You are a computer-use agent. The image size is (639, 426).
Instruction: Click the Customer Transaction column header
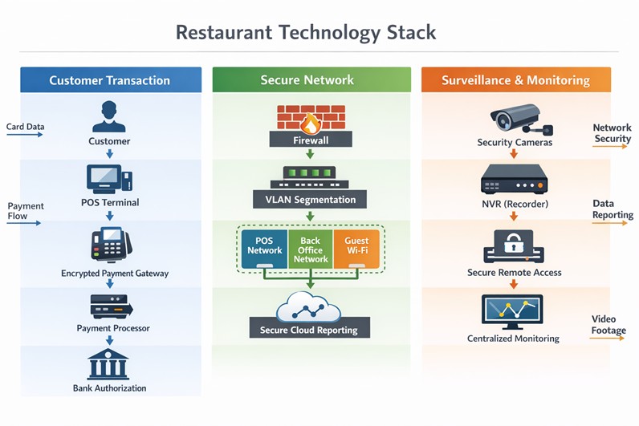pos(110,80)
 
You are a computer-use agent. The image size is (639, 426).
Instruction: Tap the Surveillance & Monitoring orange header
pos(515,80)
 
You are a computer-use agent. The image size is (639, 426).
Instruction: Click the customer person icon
pos(109,116)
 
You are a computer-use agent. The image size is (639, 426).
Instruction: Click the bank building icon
pos(109,365)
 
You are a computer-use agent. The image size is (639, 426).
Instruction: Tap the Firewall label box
pos(311,140)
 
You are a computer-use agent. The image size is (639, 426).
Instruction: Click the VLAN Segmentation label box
pos(310,199)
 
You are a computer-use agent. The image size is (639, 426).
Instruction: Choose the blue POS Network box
pos(264,246)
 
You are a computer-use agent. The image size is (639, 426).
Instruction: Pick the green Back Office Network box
pos(310,250)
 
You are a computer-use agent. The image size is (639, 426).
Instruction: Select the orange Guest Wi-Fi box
pos(356,246)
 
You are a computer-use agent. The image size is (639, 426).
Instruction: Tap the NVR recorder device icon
pos(514,180)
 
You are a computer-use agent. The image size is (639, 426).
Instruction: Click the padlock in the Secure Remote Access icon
pos(514,241)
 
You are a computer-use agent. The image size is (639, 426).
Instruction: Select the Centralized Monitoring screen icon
pos(512,311)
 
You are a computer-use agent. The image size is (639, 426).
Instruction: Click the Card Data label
pos(26,127)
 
